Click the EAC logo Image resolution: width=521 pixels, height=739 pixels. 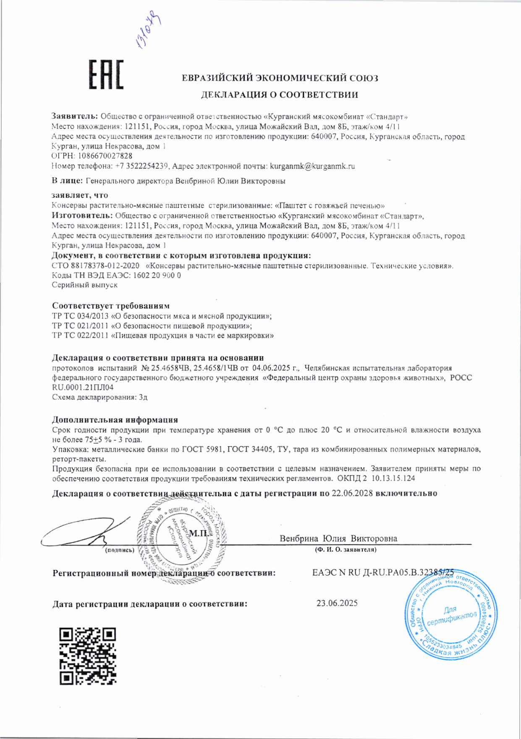[x=106, y=75]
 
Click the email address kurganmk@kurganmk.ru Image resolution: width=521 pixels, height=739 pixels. [x=312, y=166]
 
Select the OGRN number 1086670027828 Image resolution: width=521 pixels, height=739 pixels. [x=105, y=156]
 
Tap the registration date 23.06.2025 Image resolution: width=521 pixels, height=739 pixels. [x=337, y=603]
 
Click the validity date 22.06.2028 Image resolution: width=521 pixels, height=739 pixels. [x=352, y=493]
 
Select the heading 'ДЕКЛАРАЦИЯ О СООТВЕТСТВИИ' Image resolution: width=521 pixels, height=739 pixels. [x=279, y=95]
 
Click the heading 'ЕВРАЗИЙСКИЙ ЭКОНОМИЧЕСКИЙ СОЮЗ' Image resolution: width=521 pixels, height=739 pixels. [x=280, y=78]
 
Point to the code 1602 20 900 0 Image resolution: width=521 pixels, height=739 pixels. [x=157, y=275]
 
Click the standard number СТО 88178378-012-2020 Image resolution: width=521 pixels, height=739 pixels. [x=95, y=266]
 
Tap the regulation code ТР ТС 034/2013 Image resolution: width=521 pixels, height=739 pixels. [x=80, y=316]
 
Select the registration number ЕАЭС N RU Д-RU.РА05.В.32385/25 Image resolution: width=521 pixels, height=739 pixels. [x=383, y=573]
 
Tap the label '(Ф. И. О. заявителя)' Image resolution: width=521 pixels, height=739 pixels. [x=346, y=549]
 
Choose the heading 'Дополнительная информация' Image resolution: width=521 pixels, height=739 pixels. [x=115, y=420]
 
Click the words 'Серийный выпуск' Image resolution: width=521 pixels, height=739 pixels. [x=84, y=285]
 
